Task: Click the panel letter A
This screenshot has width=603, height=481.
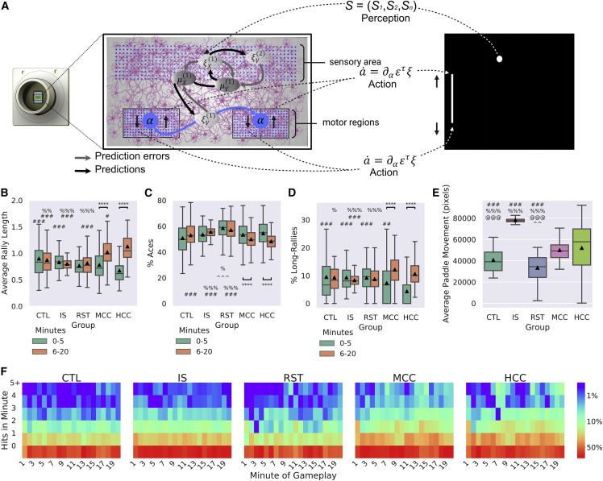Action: click(6, 6)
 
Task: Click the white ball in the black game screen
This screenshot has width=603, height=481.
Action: click(499, 59)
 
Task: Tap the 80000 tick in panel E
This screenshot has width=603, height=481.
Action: click(460, 218)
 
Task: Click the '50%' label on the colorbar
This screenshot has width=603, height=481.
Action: click(590, 445)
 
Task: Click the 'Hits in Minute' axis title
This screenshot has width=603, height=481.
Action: click(7, 416)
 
